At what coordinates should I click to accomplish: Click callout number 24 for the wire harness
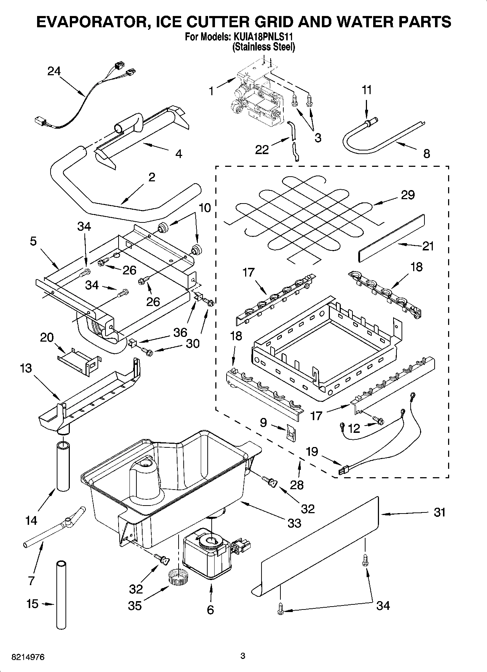click(x=54, y=71)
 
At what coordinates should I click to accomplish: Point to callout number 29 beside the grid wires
click(x=408, y=195)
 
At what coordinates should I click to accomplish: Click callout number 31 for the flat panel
click(x=439, y=512)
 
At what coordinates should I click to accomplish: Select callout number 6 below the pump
click(x=210, y=609)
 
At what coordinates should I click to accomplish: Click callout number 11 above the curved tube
click(x=367, y=90)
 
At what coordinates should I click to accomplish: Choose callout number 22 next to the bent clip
click(x=262, y=149)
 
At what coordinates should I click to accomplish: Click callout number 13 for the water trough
click(x=26, y=368)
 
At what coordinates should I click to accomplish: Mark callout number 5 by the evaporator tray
click(x=33, y=241)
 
